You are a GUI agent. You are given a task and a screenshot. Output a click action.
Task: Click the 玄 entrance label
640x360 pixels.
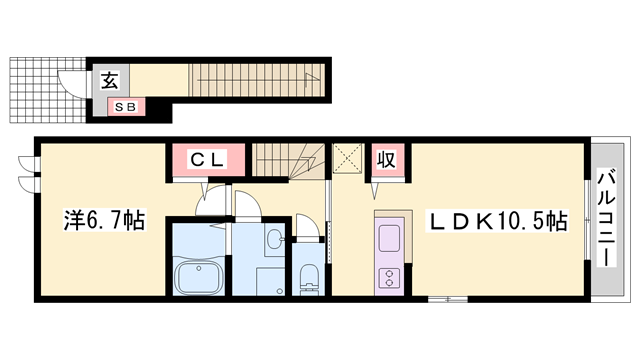[x=109, y=80]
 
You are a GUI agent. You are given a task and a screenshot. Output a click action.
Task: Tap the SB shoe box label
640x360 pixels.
[x=125, y=107]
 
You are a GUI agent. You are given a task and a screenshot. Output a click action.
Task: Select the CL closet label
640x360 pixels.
[x=208, y=160]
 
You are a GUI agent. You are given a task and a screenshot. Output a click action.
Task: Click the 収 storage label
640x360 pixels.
[x=386, y=160]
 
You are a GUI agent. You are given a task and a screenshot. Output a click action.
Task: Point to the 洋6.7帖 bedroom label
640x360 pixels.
[x=104, y=220]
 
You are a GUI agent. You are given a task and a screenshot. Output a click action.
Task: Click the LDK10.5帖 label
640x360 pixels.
[x=496, y=221]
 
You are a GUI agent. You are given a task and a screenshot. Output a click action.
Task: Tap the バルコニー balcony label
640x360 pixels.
[x=606, y=217]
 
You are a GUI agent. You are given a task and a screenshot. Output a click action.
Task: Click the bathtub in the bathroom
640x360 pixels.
[x=199, y=277]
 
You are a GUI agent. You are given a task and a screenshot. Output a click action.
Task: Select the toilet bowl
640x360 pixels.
[x=308, y=277]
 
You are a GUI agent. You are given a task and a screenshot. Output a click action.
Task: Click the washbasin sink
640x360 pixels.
[x=275, y=238]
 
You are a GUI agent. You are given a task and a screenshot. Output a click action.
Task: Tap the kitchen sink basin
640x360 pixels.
[x=389, y=238]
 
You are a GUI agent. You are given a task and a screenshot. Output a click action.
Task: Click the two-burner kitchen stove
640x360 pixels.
[x=389, y=277]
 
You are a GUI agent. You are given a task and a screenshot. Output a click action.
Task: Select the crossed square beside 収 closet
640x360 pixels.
[x=347, y=158]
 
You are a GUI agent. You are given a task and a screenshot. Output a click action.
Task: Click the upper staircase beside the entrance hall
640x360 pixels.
[x=256, y=80]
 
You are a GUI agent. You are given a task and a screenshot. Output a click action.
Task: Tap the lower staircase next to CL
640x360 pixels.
[x=287, y=160]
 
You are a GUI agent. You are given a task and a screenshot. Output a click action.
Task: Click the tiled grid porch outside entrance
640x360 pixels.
[x=48, y=90]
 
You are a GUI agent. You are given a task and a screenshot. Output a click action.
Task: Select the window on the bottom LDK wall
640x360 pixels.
[x=447, y=300]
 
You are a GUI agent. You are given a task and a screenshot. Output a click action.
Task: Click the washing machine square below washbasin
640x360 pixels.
[x=270, y=281]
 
